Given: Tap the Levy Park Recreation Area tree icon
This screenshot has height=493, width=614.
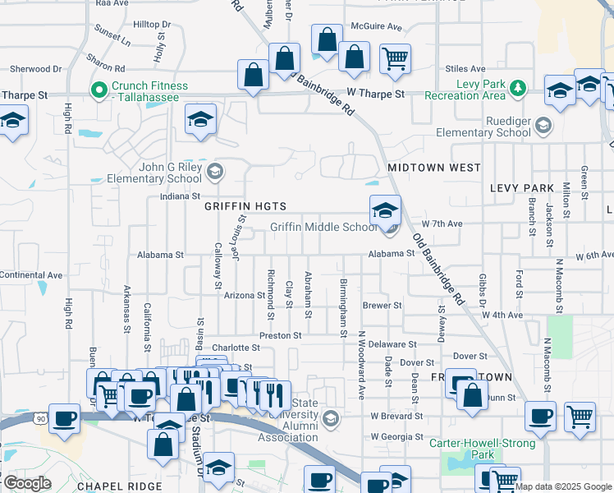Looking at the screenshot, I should (517, 86).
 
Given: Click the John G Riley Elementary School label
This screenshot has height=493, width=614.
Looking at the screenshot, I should (158, 172).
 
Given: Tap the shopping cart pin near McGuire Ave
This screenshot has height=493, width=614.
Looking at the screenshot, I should (396, 60).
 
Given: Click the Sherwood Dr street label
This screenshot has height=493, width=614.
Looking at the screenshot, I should (34, 69).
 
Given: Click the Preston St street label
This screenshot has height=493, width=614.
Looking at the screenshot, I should (281, 335).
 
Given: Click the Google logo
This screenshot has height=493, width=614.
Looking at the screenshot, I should (26, 484).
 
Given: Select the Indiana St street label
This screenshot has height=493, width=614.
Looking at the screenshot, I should (179, 196).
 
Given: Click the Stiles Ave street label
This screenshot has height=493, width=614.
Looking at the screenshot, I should (465, 69).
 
